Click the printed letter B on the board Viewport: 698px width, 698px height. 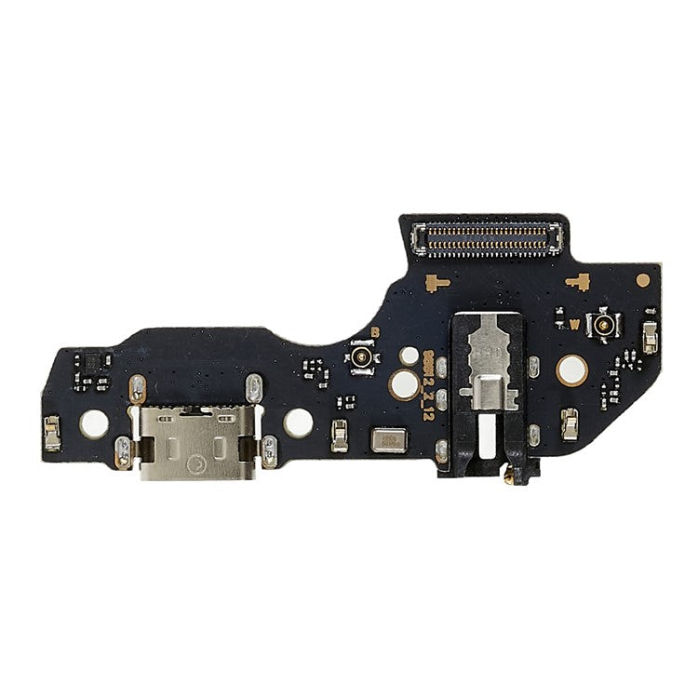tap(375, 332)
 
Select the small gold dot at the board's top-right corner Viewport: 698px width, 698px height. tap(642, 277)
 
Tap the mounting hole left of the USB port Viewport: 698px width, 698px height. tap(93, 423)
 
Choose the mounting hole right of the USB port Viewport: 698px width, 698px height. tap(297, 423)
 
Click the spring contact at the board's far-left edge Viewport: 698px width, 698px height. tap(53, 429)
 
